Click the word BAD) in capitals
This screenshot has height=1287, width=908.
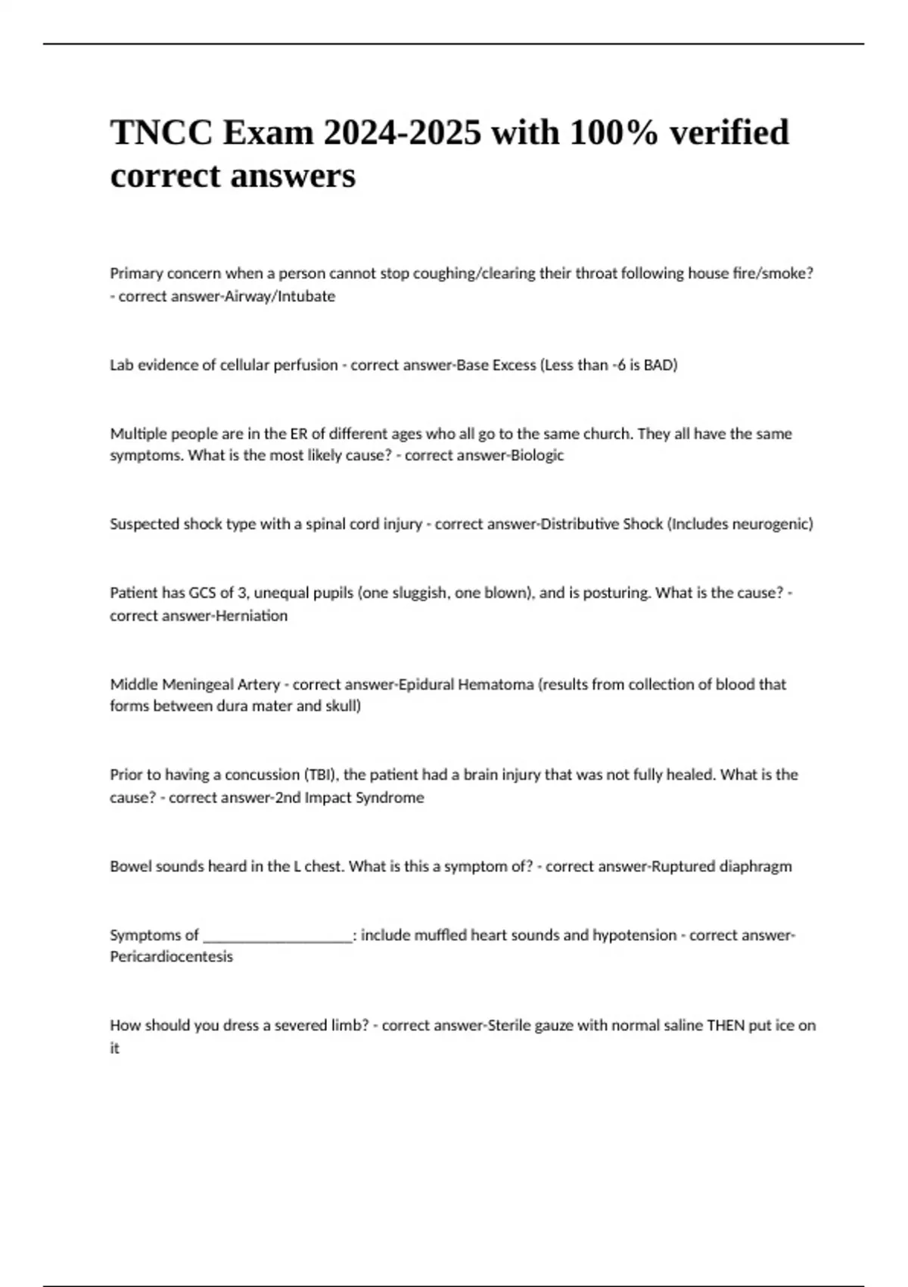point(661,365)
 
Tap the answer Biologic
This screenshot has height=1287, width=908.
point(537,456)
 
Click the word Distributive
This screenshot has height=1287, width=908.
point(580,524)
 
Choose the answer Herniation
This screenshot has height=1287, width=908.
point(251,615)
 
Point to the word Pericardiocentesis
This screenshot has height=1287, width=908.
point(172,957)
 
